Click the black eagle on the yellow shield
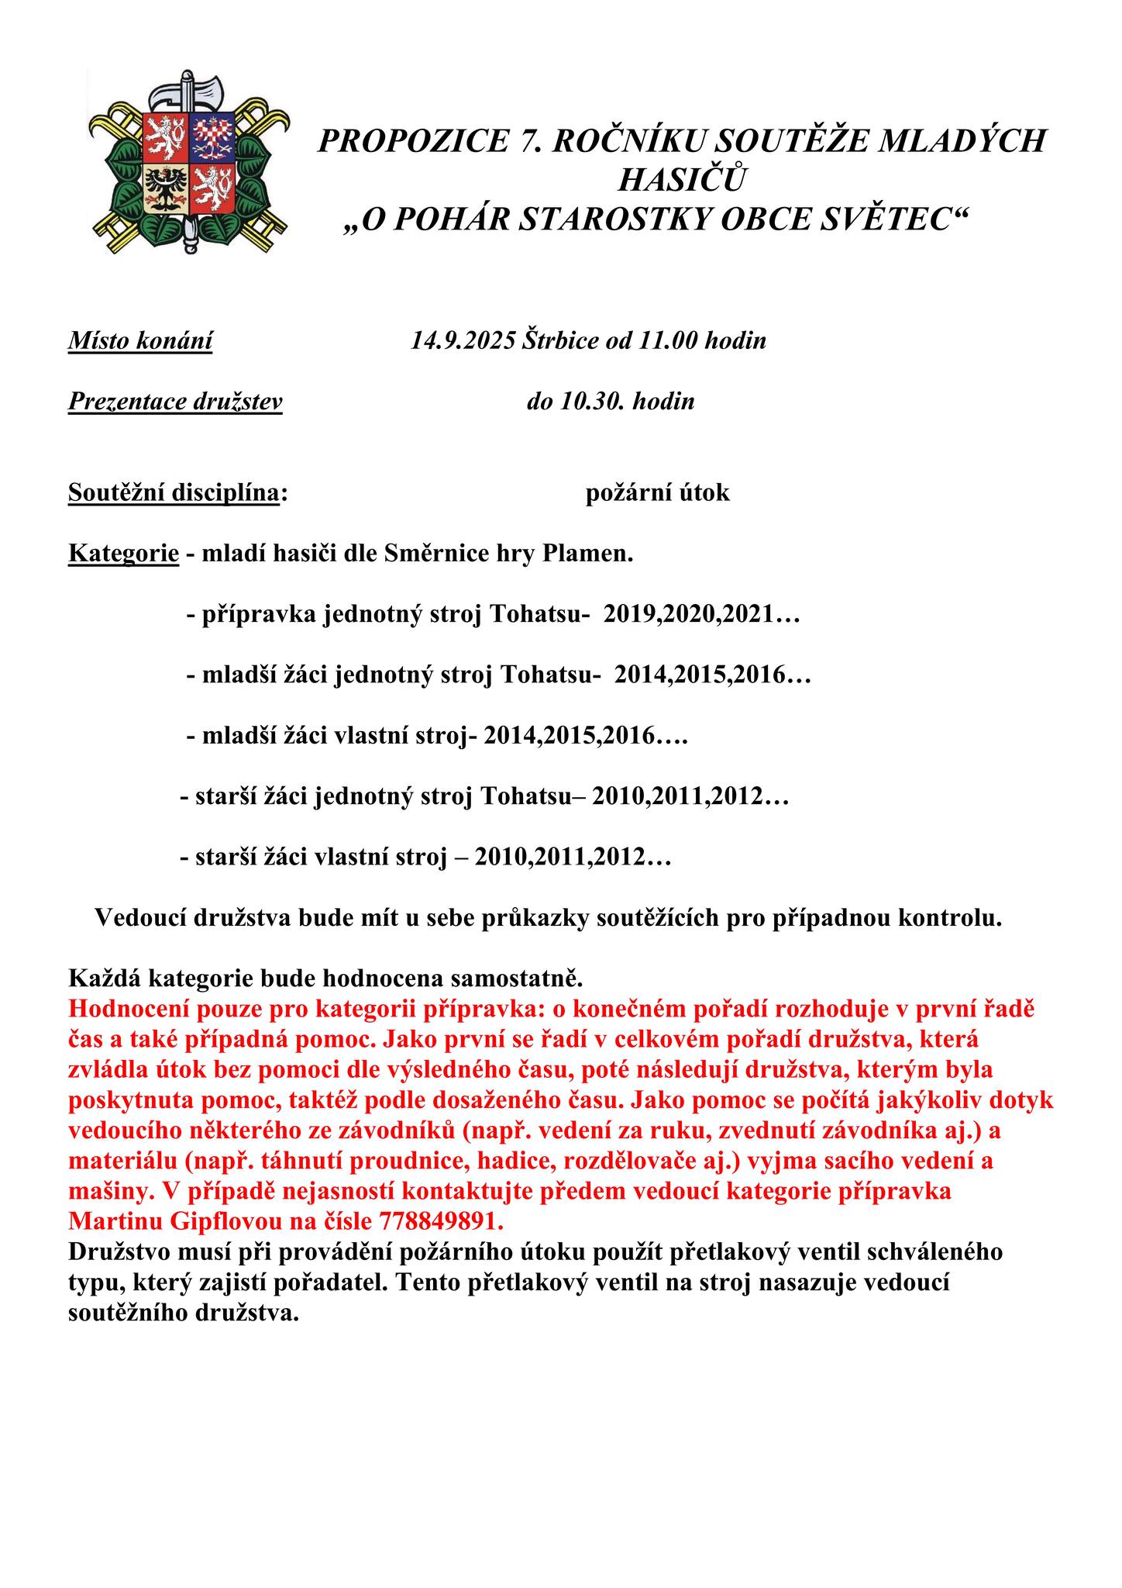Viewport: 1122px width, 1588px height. pos(164,188)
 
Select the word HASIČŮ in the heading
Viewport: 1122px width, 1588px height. pos(683,181)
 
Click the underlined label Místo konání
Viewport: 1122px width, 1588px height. pos(140,340)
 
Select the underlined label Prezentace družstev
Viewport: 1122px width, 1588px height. pos(175,402)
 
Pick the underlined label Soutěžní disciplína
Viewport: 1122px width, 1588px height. pos(174,492)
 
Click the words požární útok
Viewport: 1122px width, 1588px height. pos(658,492)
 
